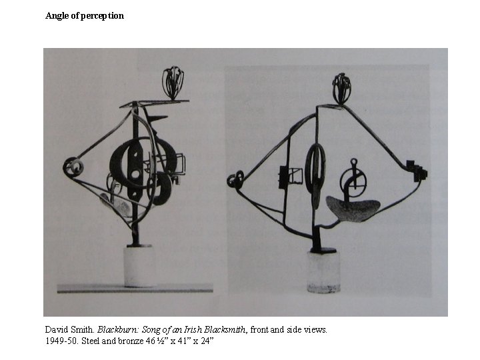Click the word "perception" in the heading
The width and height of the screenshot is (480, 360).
[102, 16]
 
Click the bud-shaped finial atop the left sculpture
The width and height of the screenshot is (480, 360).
[173, 83]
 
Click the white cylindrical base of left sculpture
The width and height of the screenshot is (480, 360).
[139, 266]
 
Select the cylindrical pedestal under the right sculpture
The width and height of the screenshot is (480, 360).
[323, 272]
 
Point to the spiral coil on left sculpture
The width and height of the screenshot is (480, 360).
[73, 167]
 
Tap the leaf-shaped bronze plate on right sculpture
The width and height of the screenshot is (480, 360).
[353, 208]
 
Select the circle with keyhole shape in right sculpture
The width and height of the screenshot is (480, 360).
[353, 181]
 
